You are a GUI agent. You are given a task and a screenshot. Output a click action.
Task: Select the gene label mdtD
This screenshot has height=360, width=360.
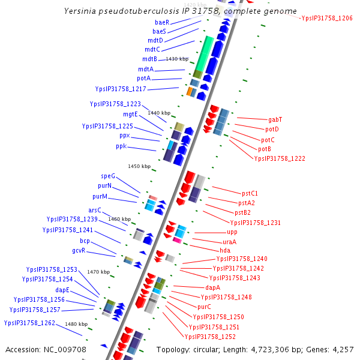pyautogui.click(x=155, y=40)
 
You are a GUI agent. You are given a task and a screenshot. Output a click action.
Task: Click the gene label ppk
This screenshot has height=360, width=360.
pyautogui.click(x=121, y=146)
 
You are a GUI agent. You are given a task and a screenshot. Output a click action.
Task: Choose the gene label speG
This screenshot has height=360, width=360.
pyautogui.click(x=108, y=176)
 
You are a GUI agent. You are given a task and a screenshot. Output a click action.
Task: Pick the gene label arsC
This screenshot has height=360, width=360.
pyautogui.click(x=95, y=210)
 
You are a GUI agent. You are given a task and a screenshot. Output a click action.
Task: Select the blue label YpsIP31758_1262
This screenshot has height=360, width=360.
pyautogui.click(x=29, y=323)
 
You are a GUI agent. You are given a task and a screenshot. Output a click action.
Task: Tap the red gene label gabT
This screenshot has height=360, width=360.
pyautogui.click(x=275, y=119)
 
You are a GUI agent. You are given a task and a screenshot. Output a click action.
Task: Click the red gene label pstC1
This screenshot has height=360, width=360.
pyautogui.click(x=250, y=193)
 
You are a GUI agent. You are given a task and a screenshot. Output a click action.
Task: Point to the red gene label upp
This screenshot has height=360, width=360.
pyautogui.click(x=232, y=232)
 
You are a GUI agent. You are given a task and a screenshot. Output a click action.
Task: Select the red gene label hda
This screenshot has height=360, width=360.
pyautogui.click(x=225, y=250)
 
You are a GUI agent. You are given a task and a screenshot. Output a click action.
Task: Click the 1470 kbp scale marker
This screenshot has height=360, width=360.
pyautogui.click(x=98, y=272)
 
